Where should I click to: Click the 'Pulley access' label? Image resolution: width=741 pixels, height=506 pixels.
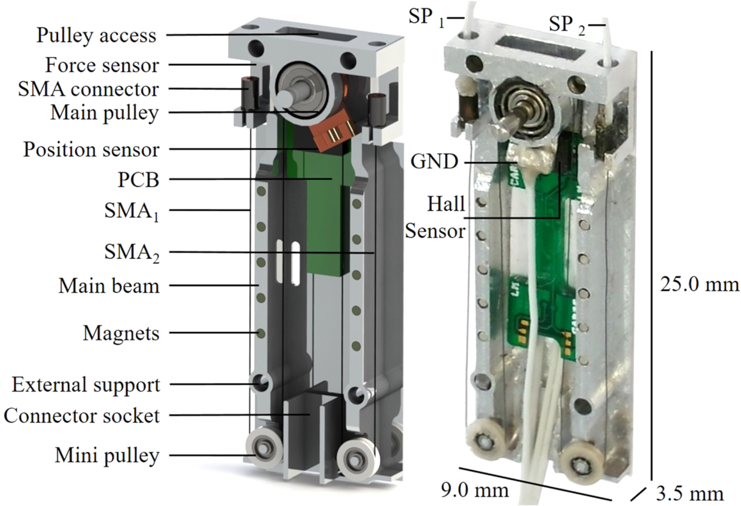(96, 35)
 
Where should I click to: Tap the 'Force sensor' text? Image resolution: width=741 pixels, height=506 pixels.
(102, 65)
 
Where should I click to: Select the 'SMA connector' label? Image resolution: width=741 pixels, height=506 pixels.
(88, 89)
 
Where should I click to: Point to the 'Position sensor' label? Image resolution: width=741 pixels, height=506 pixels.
(92, 149)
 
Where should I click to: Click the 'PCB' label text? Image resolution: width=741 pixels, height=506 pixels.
(138, 180)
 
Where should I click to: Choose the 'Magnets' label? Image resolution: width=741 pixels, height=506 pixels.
(121, 333)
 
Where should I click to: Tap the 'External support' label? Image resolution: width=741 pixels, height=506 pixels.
(86, 385)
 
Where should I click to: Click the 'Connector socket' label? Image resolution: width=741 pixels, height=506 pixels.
(82, 416)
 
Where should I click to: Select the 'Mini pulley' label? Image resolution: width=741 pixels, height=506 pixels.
(107, 456)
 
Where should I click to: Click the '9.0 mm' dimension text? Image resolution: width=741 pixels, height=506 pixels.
(475, 490)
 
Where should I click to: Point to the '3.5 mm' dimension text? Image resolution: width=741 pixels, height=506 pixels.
(690, 493)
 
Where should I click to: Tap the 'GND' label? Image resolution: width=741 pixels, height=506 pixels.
(434, 162)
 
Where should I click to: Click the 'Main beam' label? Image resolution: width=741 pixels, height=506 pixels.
(109, 286)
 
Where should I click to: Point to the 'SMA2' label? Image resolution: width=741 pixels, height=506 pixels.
(132, 253)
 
